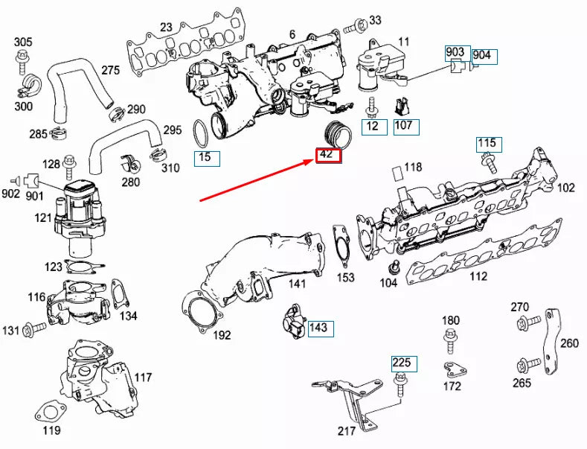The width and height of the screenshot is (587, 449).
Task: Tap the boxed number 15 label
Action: point(205,158)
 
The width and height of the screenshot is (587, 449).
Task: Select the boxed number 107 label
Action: point(405,126)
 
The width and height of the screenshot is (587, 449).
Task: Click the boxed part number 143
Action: point(318,327)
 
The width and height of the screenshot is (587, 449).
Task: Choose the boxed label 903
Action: point(455,52)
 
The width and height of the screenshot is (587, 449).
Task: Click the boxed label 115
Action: point(488,143)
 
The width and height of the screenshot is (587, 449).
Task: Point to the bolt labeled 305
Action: point(23,60)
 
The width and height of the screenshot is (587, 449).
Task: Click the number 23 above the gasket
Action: point(166,28)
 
